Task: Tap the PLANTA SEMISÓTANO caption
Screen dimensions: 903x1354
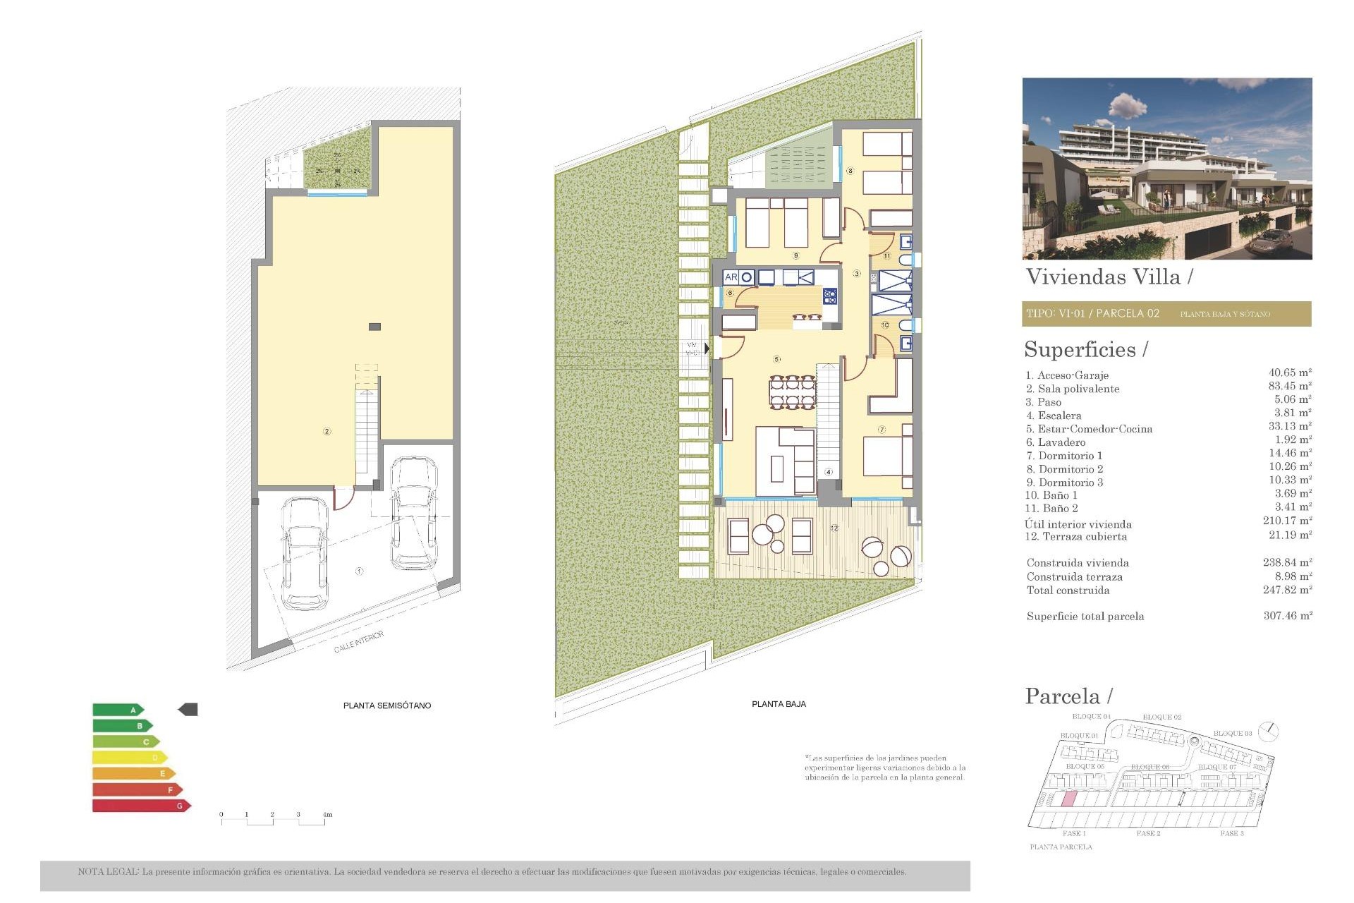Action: point(386,705)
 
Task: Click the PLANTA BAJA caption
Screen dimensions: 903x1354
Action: point(779,704)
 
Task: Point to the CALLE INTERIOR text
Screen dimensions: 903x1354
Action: point(359,641)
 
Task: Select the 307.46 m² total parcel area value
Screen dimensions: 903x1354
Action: point(1287,616)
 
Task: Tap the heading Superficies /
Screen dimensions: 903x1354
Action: point(1085,350)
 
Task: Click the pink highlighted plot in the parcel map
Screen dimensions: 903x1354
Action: point(1069,799)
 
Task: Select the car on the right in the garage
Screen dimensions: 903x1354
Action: point(414,513)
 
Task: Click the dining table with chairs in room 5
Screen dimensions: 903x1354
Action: point(792,392)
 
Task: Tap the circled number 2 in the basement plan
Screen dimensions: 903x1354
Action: point(327,431)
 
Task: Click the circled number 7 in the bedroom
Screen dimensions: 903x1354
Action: point(882,430)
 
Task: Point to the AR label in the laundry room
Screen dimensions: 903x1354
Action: point(731,277)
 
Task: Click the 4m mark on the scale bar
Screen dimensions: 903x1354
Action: point(327,815)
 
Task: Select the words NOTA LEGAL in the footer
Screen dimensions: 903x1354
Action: point(108,872)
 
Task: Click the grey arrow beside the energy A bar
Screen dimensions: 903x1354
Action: point(188,710)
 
